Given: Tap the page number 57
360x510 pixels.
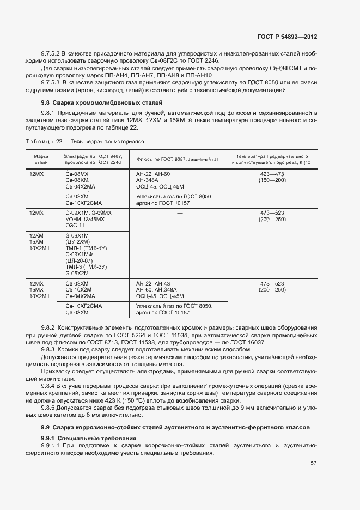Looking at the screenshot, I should pos(314,463).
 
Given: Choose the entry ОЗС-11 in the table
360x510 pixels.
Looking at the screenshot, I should pos(75,225).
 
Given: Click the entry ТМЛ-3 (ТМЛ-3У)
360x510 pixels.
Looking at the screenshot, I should pos(86,266).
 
